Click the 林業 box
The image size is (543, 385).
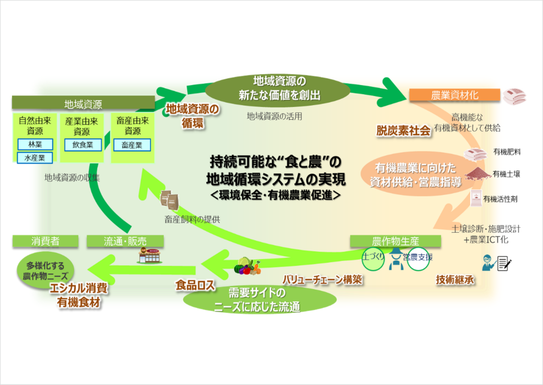(x=35, y=144)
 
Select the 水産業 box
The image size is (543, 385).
(x=35, y=158)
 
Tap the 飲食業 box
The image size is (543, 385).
(x=83, y=145)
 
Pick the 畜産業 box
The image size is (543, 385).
(x=132, y=145)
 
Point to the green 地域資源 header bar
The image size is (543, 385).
(x=83, y=104)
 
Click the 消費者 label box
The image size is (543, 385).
(x=45, y=241)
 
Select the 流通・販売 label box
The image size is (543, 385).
(x=125, y=241)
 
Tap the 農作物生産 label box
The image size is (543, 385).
(x=395, y=241)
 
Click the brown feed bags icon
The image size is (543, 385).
(x=169, y=200)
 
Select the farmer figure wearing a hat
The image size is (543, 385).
(x=396, y=259)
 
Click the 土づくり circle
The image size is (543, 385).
(x=373, y=259)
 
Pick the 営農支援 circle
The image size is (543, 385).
(x=418, y=259)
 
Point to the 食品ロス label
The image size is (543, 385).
(x=195, y=285)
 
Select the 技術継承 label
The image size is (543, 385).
(x=454, y=280)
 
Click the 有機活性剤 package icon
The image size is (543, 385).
(x=476, y=198)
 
